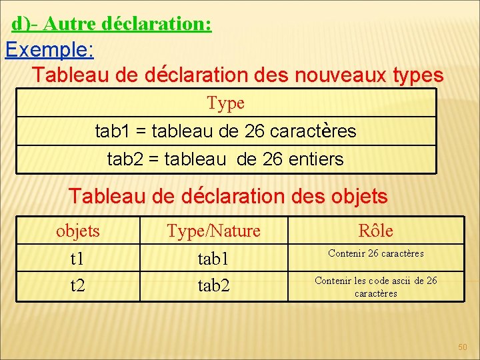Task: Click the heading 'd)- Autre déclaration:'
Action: tap(111, 24)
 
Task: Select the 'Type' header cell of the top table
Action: tap(225, 103)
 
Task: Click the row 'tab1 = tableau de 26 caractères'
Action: tap(225, 131)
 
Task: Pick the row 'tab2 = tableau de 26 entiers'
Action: tap(225, 159)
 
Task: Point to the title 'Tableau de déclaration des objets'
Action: tap(228, 196)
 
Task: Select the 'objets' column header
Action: tap(78, 231)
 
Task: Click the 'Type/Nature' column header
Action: tap(213, 231)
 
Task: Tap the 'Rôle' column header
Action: tap(375, 231)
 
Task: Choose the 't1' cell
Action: tap(78, 258)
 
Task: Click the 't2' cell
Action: tap(78, 285)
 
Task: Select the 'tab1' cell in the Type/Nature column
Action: tap(213, 258)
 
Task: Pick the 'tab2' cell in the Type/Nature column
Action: tap(213, 285)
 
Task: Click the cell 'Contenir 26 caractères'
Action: tap(375, 253)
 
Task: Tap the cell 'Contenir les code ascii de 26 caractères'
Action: tap(375, 287)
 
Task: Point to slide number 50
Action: tap(463, 347)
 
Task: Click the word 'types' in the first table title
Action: tap(418, 75)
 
